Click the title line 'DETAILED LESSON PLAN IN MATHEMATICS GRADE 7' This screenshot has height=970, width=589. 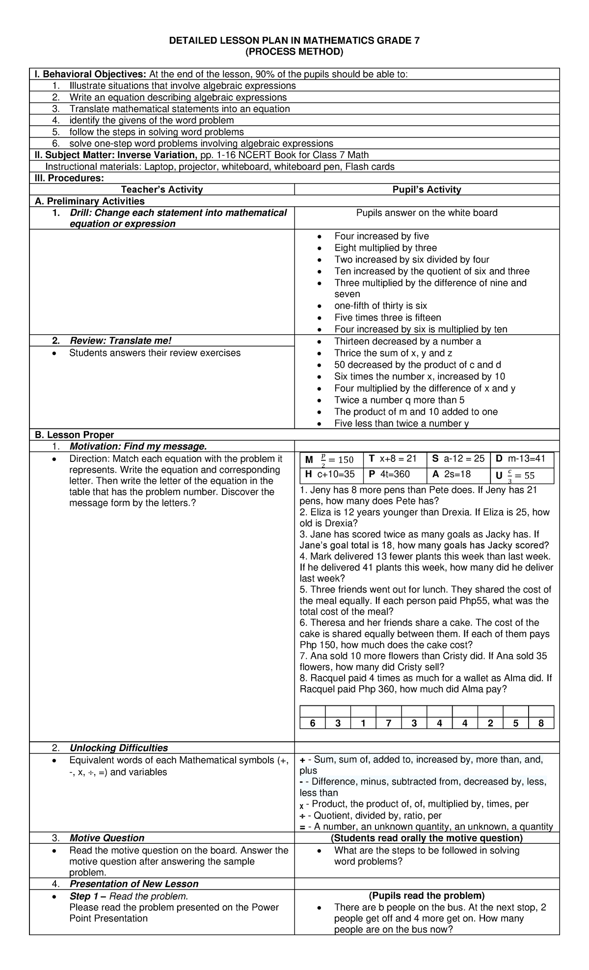294,41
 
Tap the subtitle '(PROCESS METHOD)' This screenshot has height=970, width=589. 294,52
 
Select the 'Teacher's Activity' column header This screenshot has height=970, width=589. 161,189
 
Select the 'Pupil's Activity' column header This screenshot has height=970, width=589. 427,189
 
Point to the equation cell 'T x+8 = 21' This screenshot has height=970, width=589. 393,458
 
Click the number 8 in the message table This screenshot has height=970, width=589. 541,723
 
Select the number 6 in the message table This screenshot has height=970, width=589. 312,723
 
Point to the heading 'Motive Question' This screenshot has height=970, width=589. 107,838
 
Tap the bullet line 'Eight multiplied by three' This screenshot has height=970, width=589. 385,248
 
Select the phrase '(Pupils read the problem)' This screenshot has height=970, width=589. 427,895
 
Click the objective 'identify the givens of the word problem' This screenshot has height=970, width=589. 151,120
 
